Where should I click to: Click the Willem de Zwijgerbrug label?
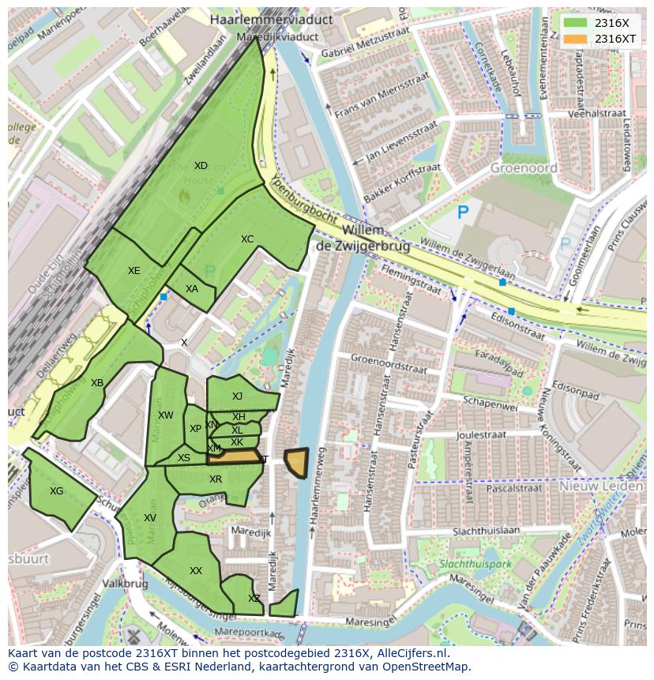(x=363, y=238)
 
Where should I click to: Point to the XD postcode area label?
(x=201, y=166)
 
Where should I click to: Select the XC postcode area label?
(x=247, y=239)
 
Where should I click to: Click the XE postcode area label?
(x=134, y=271)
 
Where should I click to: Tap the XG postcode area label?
(x=56, y=491)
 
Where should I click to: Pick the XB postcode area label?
(x=96, y=383)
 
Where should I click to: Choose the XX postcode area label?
(x=196, y=571)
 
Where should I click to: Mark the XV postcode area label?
(x=150, y=518)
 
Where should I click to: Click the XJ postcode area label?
(x=237, y=396)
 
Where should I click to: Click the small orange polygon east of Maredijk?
(x=296, y=462)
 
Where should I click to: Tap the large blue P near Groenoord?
(x=463, y=212)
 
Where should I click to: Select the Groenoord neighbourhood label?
(x=524, y=167)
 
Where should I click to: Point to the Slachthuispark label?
(x=475, y=565)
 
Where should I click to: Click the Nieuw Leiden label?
(x=601, y=487)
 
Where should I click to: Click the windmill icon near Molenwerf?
(x=133, y=635)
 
